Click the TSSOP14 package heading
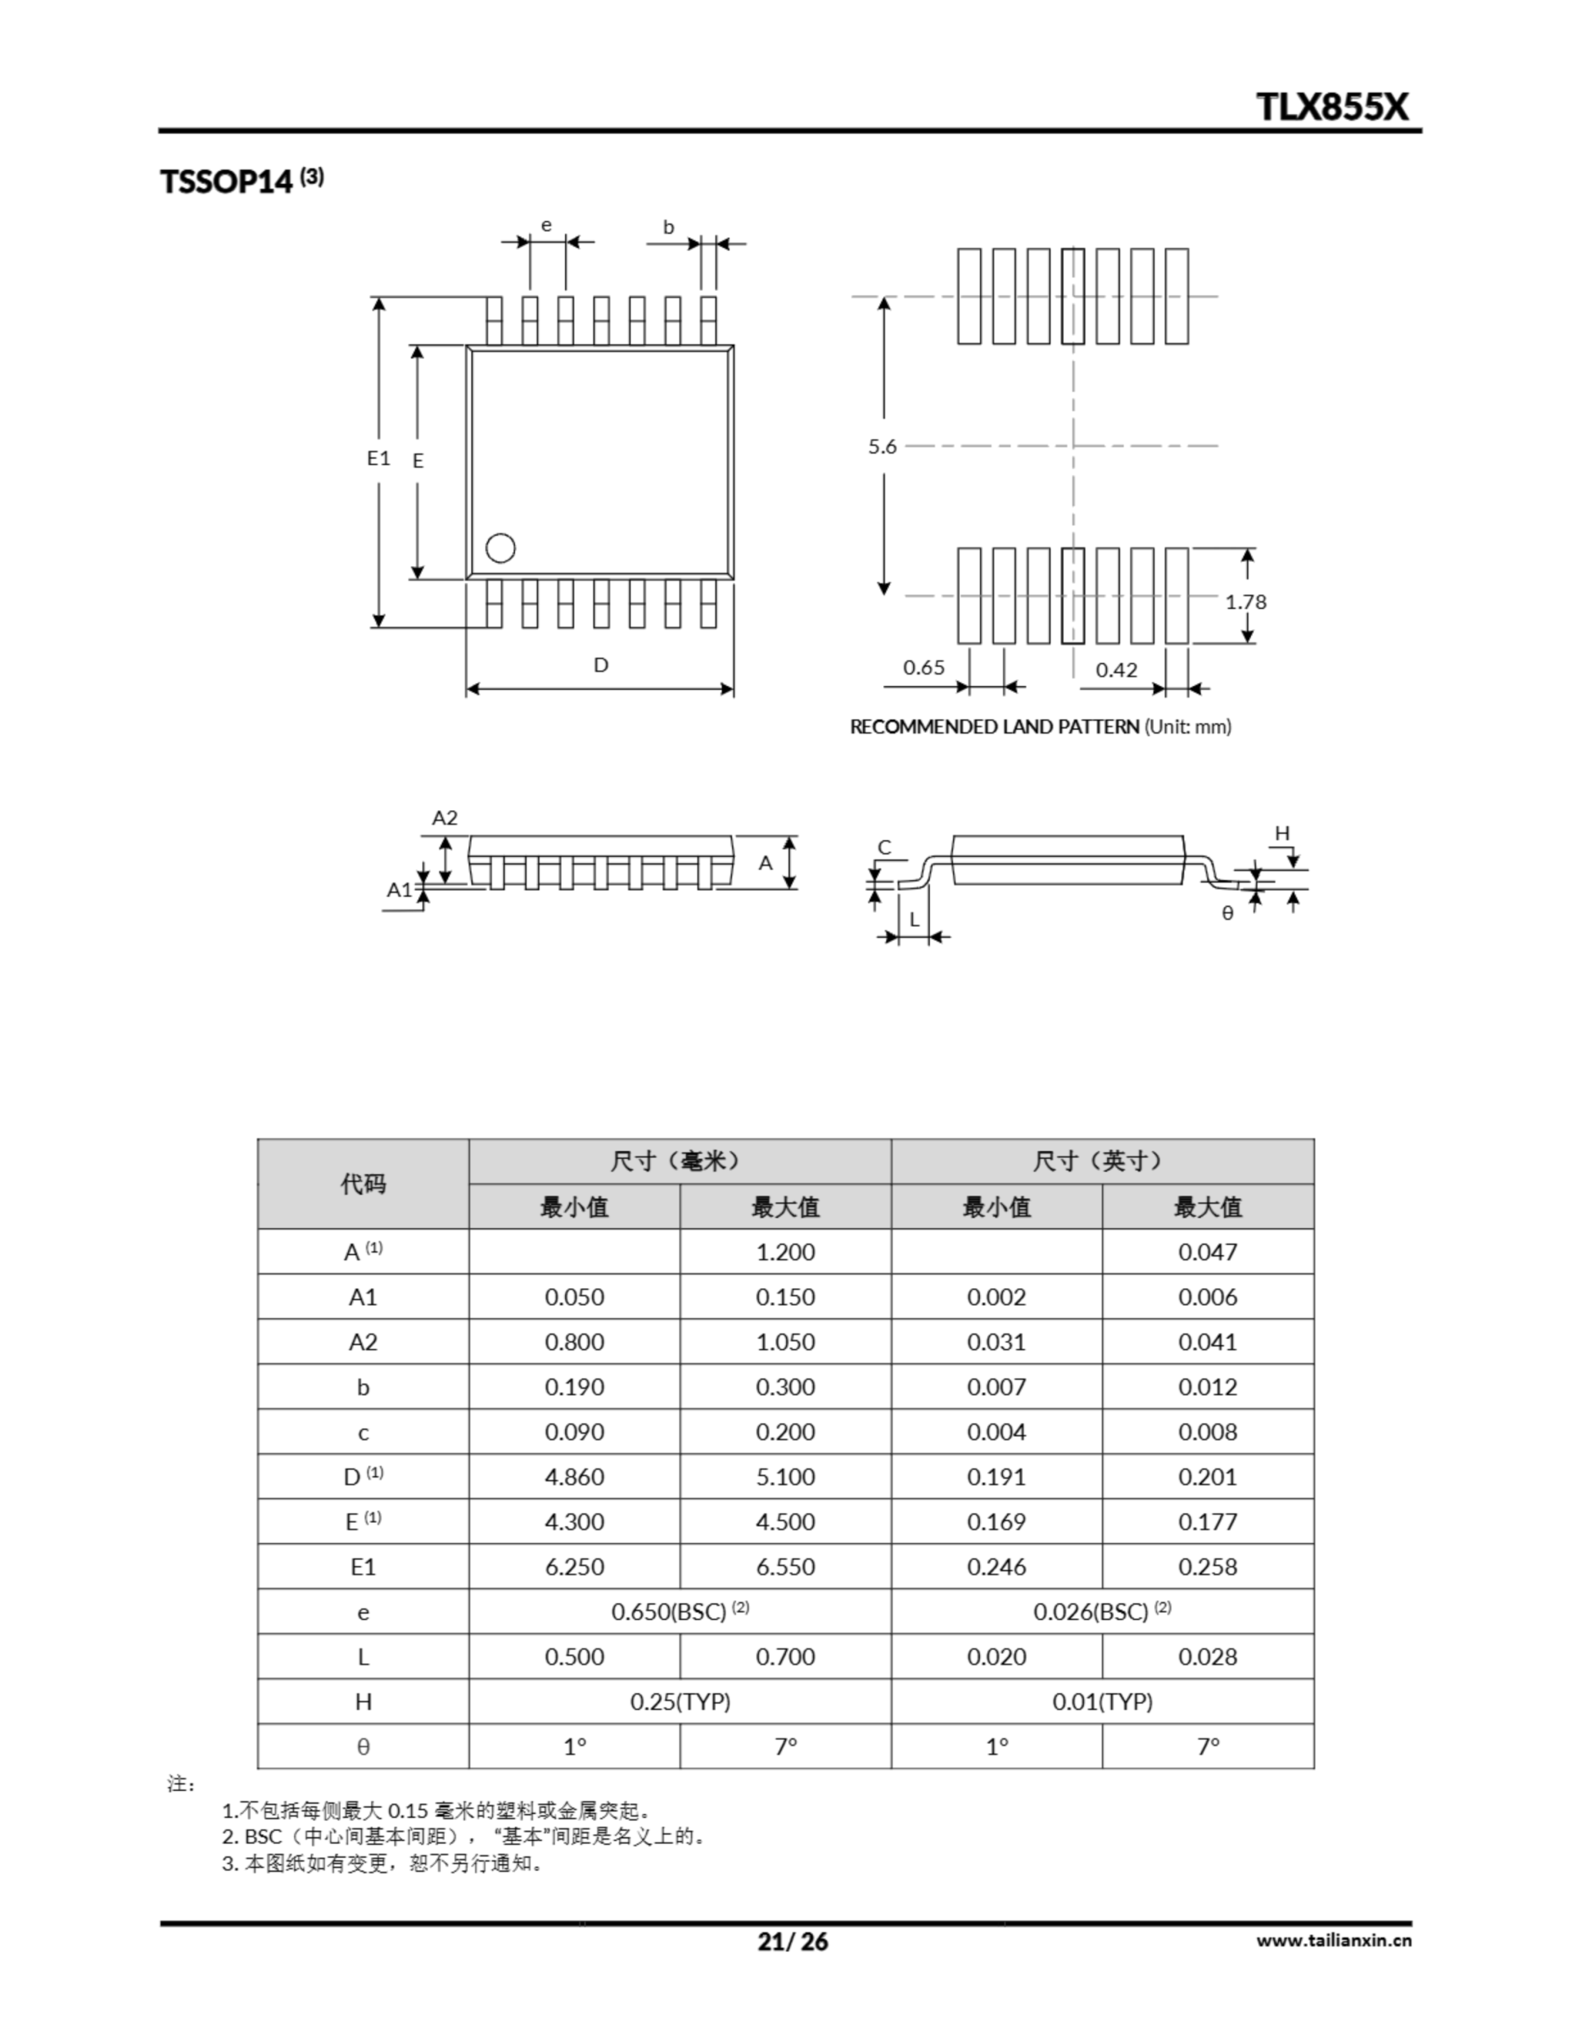[227, 180]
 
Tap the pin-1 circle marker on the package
[501, 548]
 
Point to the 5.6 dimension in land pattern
[881, 446]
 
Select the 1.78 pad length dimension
[1245, 602]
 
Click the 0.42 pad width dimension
[1115, 670]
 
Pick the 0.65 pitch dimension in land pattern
[923, 667]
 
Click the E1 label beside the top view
[378, 458]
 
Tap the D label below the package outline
[601, 665]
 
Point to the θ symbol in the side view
[1227, 913]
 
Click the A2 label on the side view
[444, 818]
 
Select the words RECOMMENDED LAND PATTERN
[993, 727]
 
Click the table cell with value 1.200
[784, 1251]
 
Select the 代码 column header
[362, 1184]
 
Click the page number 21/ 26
[792, 1942]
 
